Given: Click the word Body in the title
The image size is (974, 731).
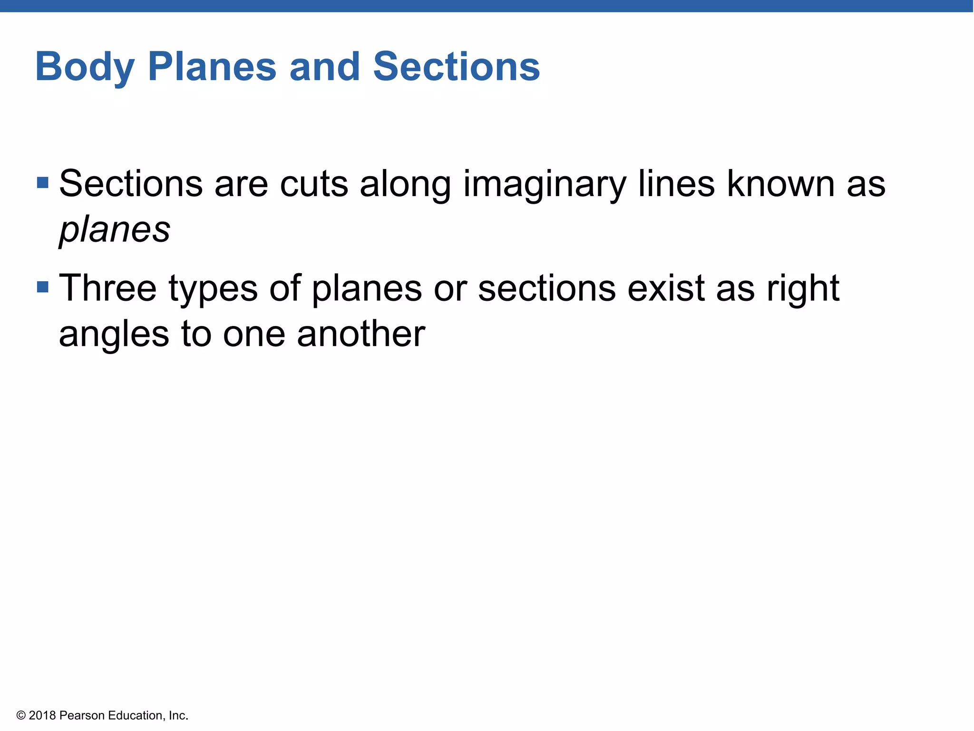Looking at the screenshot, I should pos(85,67).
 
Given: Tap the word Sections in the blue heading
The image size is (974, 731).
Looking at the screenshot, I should pos(457,67).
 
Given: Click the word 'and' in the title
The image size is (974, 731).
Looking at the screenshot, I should pos(324,67).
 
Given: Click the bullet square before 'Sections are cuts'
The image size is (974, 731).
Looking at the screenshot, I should pos(43,183).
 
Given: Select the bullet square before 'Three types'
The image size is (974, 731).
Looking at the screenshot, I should pos(43,287).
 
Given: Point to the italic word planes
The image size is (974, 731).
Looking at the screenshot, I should pos(115,230).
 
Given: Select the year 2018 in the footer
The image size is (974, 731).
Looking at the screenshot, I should pos(42,715).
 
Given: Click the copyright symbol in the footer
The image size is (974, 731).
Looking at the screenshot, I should pos(21,715).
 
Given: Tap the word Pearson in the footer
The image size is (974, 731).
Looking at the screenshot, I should pos(82,715).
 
